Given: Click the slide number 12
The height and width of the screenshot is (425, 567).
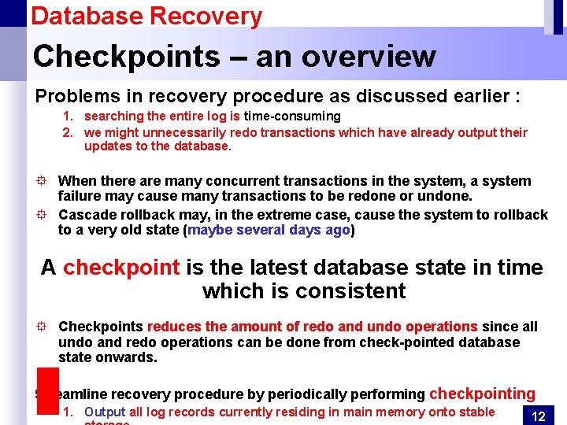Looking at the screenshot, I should pos(539,416).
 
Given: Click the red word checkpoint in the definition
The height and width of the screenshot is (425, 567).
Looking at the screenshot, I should pos(121,268).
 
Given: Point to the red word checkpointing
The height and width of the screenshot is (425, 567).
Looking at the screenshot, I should pos(482,394).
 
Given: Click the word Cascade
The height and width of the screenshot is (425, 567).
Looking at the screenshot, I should pos(87,215).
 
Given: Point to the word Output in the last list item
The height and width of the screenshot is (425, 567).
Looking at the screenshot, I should pos(105,412).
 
